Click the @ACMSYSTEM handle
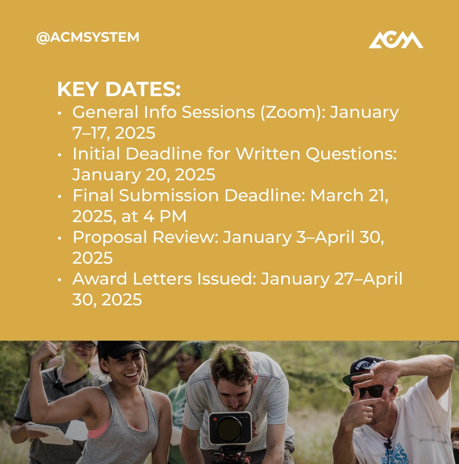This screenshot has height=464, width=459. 88,37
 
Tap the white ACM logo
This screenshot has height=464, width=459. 396,40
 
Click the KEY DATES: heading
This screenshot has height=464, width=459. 119,90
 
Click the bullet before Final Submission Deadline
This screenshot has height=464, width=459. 60,196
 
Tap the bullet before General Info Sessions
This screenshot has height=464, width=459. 60,113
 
